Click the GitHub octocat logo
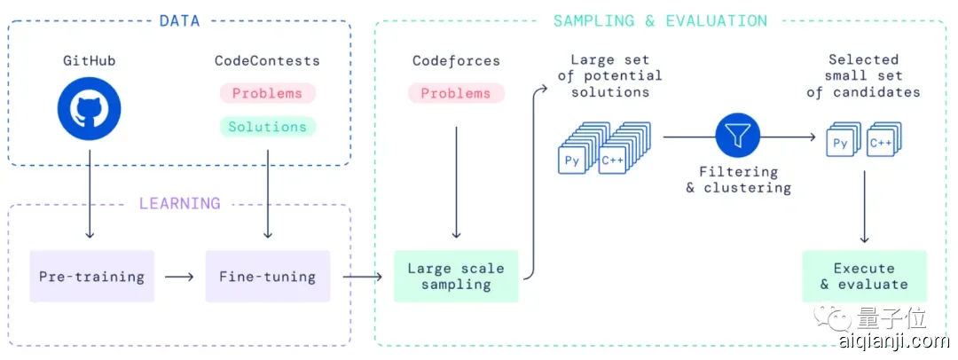coord(89,109)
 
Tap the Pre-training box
coord(91,276)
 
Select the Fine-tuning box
coord(267,276)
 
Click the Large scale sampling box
coord(456,276)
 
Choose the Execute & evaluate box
coord(864,276)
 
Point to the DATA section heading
coord(180,20)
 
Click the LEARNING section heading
coord(180,203)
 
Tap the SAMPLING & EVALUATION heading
coord(660,20)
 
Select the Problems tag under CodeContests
coord(267,93)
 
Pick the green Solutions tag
coord(267,127)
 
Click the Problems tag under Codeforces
coord(456,93)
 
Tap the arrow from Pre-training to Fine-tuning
coord(179,276)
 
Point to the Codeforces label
coord(456,61)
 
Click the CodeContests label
coord(267,61)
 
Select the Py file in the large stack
coord(571,160)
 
